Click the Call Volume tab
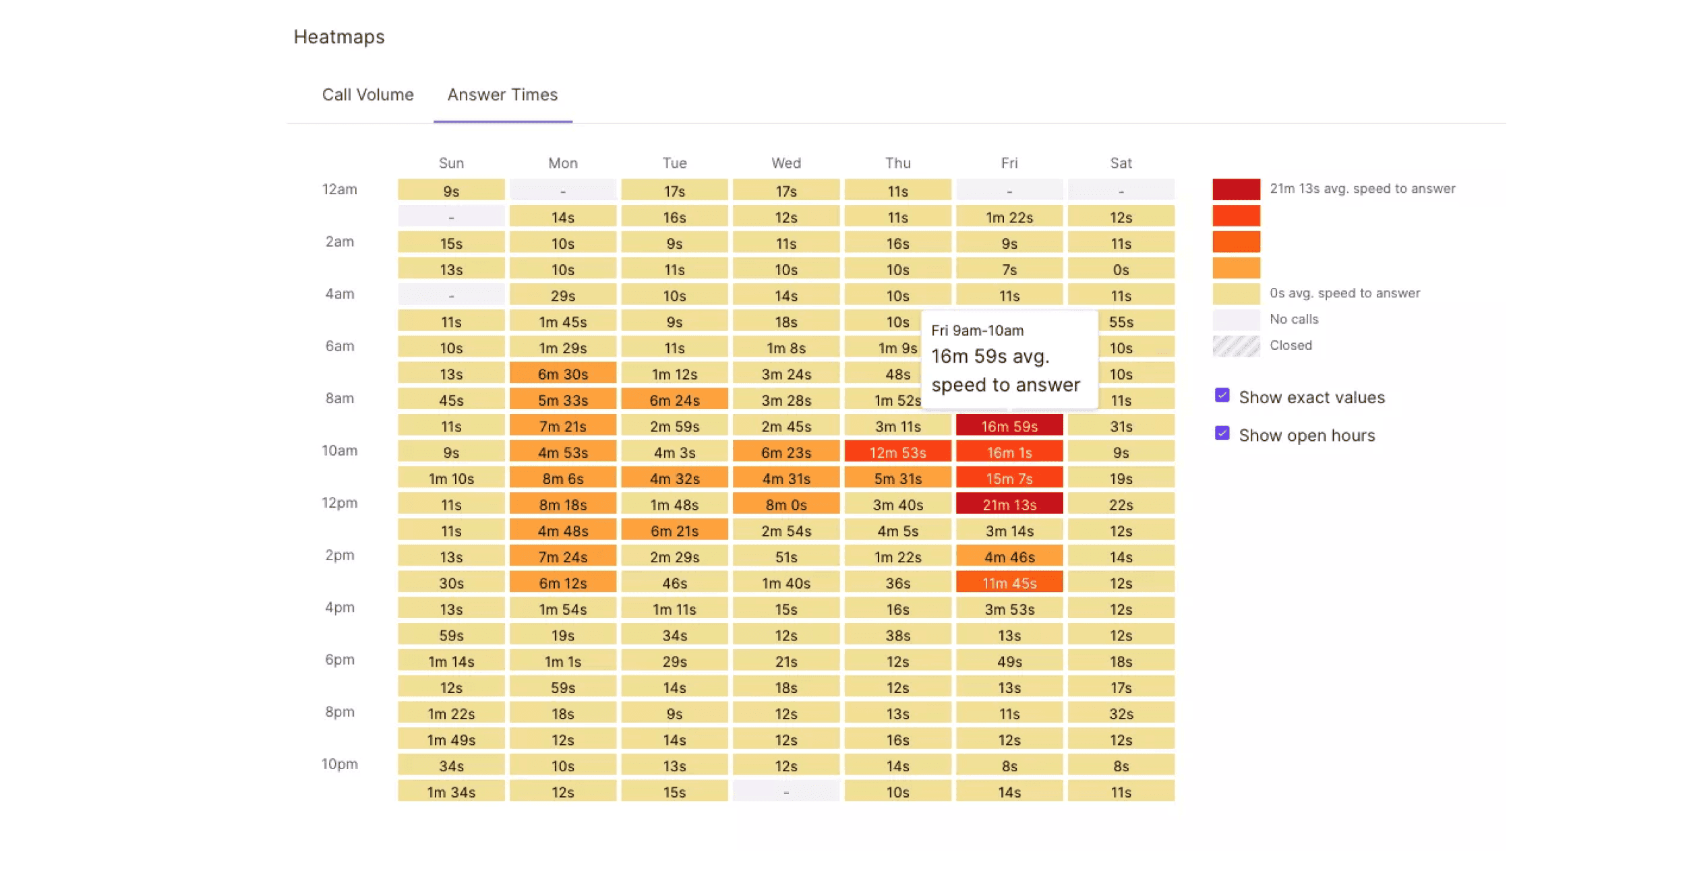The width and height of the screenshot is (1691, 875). click(x=367, y=95)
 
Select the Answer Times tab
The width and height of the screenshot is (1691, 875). click(x=502, y=95)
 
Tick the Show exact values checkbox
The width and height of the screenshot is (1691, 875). click(x=1222, y=396)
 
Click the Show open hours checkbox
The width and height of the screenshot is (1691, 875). click(x=1222, y=433)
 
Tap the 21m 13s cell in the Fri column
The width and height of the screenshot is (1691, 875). click(x=1009, y=504)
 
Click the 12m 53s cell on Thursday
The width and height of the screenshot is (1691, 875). click(x=897, y=452)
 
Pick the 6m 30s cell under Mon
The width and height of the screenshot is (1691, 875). click(x=562, y=373)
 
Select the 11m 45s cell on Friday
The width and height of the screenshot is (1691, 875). click(x=1009, y=582)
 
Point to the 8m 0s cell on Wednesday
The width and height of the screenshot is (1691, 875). click(x=785, y=504)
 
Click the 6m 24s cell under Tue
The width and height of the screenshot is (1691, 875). click(x=674, y=400)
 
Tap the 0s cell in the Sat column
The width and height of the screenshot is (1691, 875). click(x=1121, y=270)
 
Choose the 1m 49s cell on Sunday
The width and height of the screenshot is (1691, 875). click(x=451, y=740)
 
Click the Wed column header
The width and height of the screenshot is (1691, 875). click(x=786, y=163)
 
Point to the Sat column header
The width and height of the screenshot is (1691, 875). click(x=1121, y=163)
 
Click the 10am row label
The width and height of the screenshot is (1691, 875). click(x=339, y=450)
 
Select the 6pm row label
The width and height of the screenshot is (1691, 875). click(x=339, y=659)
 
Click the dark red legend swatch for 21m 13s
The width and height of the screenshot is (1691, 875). click(x=1236, y=189)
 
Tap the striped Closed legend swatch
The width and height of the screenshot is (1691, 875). click(x=1236, y=346)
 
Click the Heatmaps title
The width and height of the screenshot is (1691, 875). click(x=338, y=37)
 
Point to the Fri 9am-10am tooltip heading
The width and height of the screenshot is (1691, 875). click(x=977, y=330)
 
